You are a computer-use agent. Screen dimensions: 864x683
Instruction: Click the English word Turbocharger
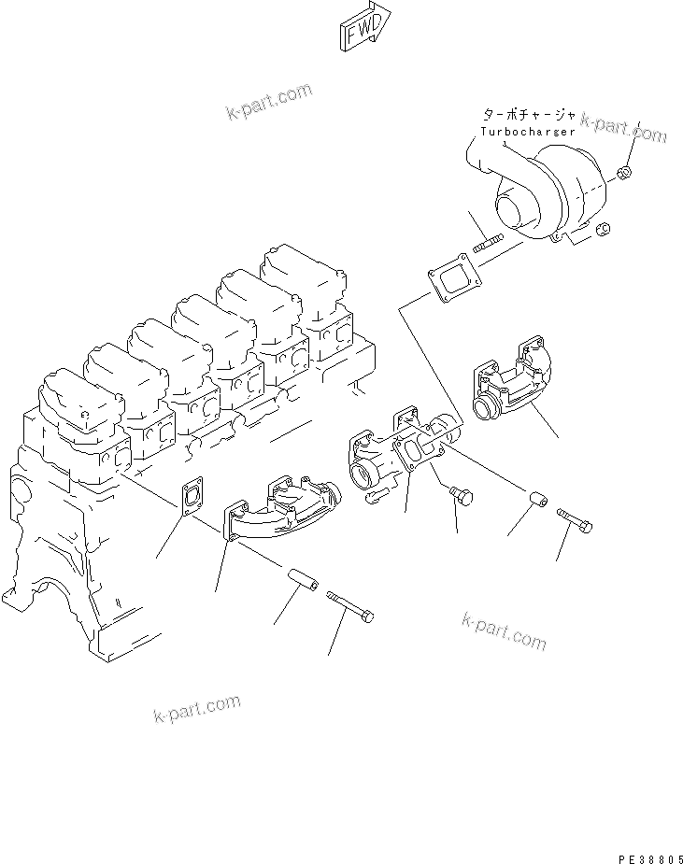pos(527,132)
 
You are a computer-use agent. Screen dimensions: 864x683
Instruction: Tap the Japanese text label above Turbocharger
pos(528,114)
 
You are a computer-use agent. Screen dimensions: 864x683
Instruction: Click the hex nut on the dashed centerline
pos(627,172)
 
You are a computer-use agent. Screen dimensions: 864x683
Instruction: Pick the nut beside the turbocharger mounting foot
pos(603,228)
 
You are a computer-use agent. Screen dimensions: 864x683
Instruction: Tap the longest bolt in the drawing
pos(350,606)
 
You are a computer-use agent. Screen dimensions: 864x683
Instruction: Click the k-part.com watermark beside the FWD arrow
pos(268,102)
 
